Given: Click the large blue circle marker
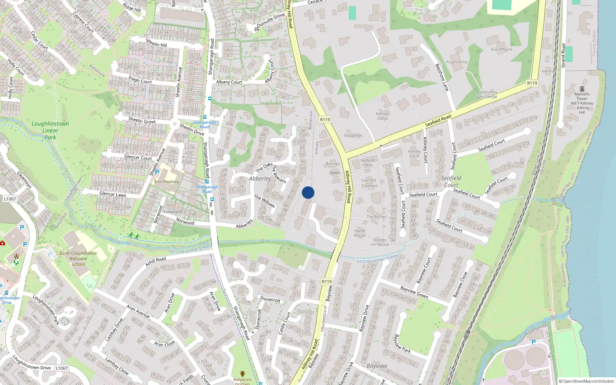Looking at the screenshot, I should point(308,192).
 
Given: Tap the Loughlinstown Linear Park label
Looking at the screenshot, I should point(50,131).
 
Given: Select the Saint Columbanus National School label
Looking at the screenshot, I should point(78,259).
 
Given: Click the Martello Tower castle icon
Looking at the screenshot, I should point(582,89).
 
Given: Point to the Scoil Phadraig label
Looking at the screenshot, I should point(166,182).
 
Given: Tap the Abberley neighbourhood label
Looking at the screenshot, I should point(260,179).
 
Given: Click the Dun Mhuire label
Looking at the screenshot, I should point(501,49).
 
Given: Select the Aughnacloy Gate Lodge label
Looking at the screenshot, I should point(487,94).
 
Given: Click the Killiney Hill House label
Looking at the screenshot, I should point(380,242).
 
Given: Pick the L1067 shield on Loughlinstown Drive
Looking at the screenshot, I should point(62,368).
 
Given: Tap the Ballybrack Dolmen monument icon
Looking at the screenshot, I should point(243,373).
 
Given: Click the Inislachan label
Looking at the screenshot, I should point(353,136).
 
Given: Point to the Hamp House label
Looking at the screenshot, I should point(360,233).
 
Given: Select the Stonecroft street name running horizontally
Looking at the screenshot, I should point(270,299).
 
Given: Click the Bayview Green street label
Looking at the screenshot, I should point(414,292).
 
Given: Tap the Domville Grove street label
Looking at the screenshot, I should point(271,20).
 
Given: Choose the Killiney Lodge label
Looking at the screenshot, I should point(382,116).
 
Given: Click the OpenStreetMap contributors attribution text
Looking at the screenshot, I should point(586,381).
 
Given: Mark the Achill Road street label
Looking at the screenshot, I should point(156,261).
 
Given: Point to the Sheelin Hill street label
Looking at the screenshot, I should point(156,43).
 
